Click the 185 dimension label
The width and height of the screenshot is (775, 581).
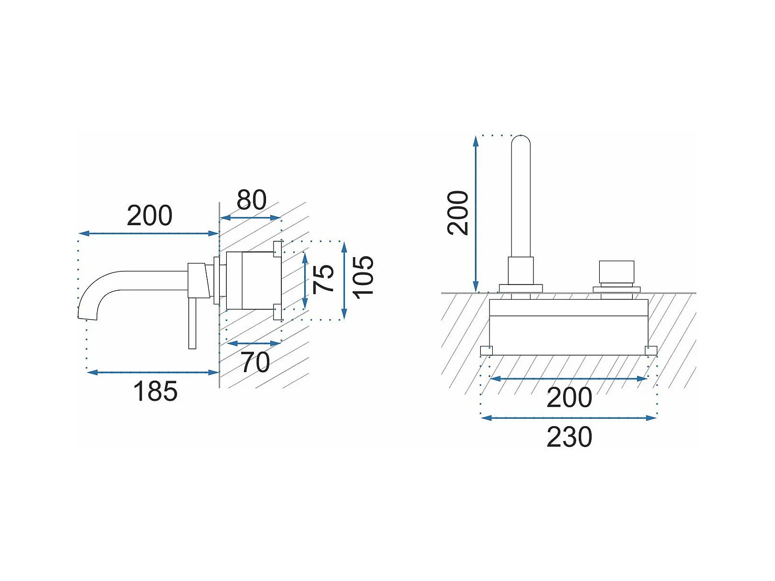click(155, 392)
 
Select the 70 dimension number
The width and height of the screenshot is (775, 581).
click(256, 362)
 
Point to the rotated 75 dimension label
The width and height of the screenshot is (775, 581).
click(323, 279)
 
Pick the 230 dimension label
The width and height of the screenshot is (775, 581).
click(569, 437)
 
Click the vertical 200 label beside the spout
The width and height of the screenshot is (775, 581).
click(458, 213)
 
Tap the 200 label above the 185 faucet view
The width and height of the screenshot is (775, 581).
click(150, 215)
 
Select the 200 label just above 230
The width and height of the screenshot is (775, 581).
click(569, 397)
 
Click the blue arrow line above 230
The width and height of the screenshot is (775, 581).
click(569, 418)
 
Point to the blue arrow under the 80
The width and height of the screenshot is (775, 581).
click(250, 218)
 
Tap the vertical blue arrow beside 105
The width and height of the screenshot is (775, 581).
click(345, 281)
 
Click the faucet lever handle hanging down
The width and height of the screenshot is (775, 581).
click(192, 323)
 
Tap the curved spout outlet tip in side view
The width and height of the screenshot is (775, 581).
click(87, 317)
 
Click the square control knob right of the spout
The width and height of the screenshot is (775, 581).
click(617, 271)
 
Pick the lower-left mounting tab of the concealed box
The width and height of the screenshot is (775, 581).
click(486, 351)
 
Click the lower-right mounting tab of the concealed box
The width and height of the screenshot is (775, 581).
click(651, 351)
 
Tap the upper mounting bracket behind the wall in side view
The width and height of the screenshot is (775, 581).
click(278, 249)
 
